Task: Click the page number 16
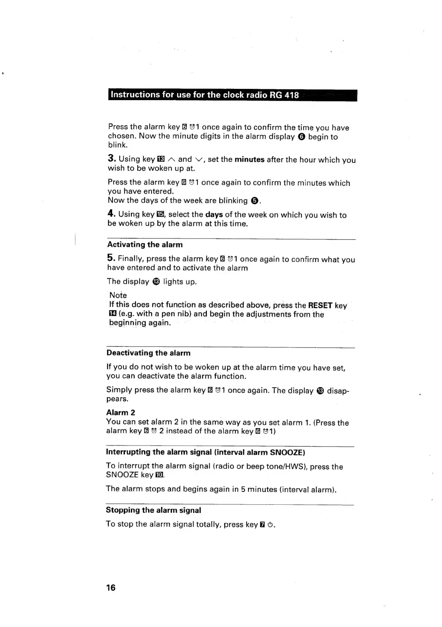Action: click(x=111, y=588)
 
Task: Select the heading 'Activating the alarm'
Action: click(x=145, y=244)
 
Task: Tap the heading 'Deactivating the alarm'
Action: click(x=148, y=353)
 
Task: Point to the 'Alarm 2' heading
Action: click(x=121, y=412)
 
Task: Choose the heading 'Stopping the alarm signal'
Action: click(x=153, y=510)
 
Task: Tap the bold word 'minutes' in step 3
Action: click(x=249, y=159)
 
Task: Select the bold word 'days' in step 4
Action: click(x=214, y=214)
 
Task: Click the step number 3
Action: click(x=111, y=158)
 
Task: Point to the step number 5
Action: click(x=110, y=258)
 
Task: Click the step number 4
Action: click(x=111, y=213)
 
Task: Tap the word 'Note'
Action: click(x=118, y=295)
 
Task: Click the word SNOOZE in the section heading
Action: click(x=287, y=452)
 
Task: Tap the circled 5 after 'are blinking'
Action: click(x=254, y=201)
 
